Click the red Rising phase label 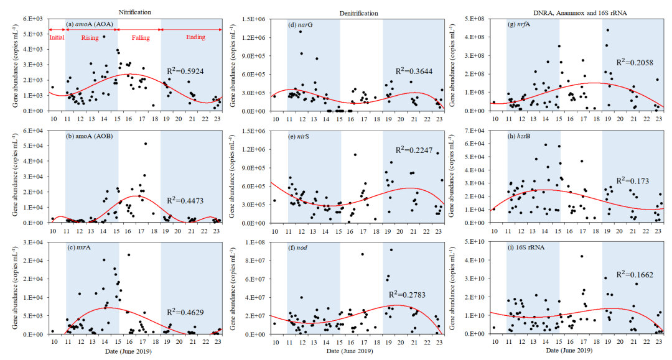tap(90, 37)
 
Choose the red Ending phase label tap(195, 37)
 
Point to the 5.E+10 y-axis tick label tap(474, 242)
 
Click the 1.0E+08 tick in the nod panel tap(253, 242)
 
